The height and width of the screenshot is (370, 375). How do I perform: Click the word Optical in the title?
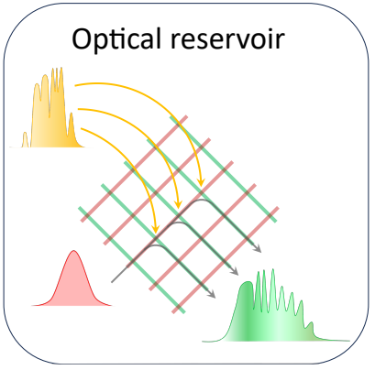[116, 39]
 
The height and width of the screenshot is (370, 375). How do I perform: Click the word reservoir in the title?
[227, 39]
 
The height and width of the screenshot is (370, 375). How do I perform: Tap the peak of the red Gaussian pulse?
[73, 251]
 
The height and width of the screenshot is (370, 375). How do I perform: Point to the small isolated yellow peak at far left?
[25, 139]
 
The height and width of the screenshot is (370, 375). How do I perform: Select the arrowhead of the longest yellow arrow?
[201, 183]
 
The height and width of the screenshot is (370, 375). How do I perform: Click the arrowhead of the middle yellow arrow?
[178, 205]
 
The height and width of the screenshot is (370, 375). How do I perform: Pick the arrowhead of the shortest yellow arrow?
[156, 229]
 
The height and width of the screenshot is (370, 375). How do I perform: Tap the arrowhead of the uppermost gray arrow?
[259, 249]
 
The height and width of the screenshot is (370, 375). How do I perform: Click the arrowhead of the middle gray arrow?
[235, 271]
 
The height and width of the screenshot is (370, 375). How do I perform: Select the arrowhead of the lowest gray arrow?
[212, 294]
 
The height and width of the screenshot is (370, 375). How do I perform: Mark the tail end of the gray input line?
[112, 281]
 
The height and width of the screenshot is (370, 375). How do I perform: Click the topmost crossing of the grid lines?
[179, 124]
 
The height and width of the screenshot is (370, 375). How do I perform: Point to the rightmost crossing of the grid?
[270, 215]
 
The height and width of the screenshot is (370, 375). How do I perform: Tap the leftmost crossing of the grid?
[87, 215]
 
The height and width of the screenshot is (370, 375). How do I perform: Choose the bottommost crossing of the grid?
[179, 306]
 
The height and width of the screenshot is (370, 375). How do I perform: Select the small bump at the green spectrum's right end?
[311, 329]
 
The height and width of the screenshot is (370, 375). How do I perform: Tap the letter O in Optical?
[83, 38]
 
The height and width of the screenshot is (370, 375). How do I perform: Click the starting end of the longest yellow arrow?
[76, 85]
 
